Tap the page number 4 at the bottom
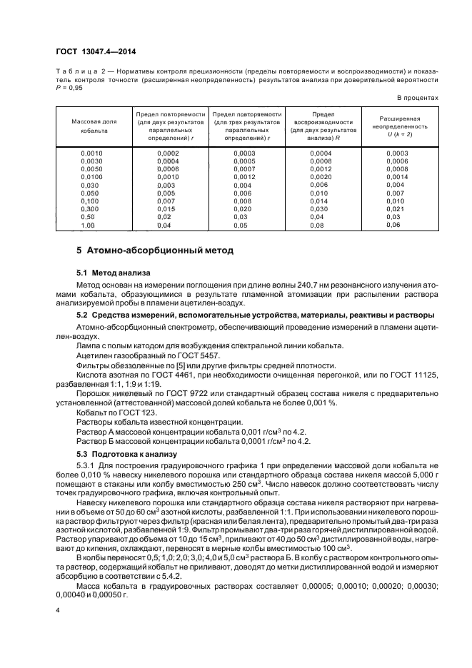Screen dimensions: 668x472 click(x=58, y=610)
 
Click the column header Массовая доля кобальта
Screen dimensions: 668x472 click(x=94, y=126)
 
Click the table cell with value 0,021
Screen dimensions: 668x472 click(x=395, y=208)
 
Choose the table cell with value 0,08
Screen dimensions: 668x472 click(x=317, y=225)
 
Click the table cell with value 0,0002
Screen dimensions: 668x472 click(x=169, y=153)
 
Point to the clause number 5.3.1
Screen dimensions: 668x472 click(x=86, y=465)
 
